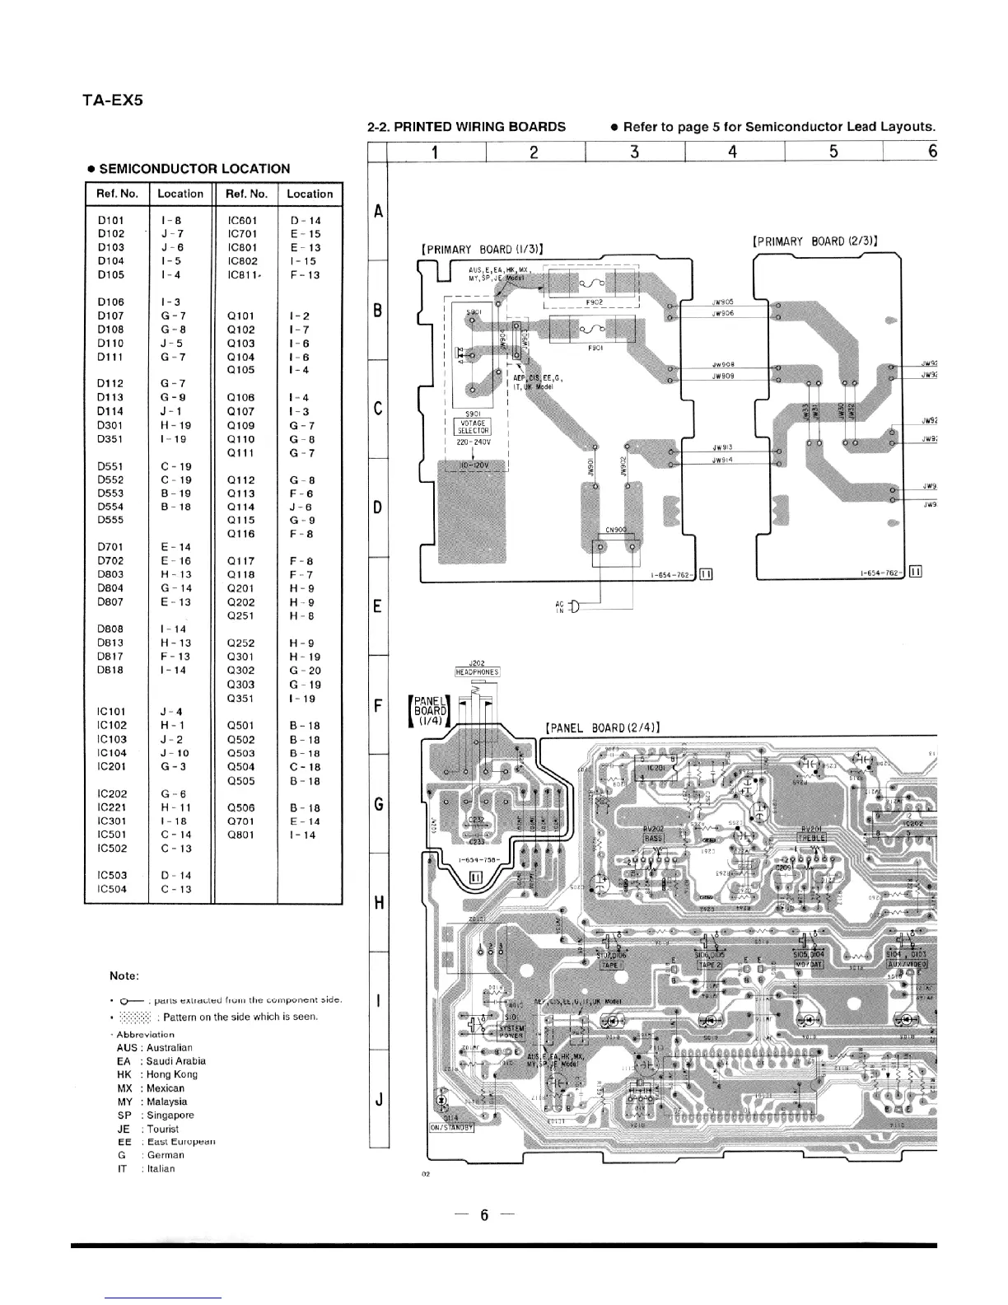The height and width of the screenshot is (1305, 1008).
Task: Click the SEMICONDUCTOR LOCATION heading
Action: (188, 169)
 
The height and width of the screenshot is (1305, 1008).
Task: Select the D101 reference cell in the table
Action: (111, 221)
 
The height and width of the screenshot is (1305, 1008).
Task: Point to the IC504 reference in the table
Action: (112, 889)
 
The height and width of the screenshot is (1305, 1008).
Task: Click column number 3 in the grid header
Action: (634, 152)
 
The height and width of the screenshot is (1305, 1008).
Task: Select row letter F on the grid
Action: (378, 706)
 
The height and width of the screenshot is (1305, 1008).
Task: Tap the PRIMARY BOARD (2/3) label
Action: (814, 241)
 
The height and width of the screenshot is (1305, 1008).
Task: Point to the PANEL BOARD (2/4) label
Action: (604, 727)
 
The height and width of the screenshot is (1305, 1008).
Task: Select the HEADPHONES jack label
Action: (478, 671)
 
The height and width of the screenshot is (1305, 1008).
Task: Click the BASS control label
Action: (654, 838)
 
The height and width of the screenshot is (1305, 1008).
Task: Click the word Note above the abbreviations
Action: (125, 976)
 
